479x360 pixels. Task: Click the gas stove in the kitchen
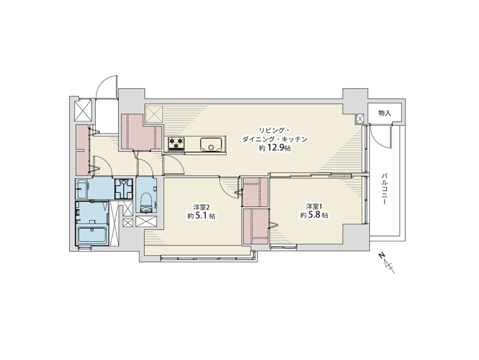(176, 144)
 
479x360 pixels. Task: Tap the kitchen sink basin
(211, 144)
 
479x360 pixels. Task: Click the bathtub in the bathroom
(92, 235)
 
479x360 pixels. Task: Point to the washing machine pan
(124, 189)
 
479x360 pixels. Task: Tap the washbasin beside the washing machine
(81, 189)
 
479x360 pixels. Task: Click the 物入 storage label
(384, 113)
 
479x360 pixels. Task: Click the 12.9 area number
(276, 149)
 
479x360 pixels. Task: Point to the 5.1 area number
(202, 216)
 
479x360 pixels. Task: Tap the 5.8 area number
(315, 215)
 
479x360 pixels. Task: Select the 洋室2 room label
(201, 206)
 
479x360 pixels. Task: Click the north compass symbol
(387, 263)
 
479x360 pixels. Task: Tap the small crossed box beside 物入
(360, 119)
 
